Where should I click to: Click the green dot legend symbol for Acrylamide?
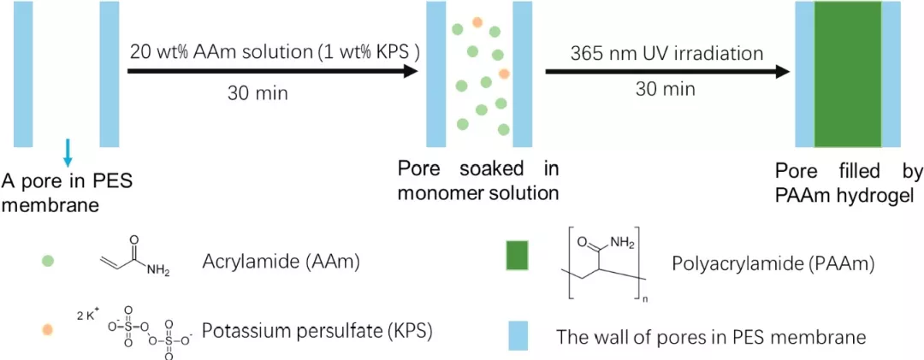tap(48, 261)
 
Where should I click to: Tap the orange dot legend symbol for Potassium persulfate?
tap(48, 328)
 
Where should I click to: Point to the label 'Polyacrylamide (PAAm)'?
tap(767, 265)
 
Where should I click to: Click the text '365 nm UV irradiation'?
tap(666, 53)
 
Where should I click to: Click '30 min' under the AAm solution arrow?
tap(258, 92)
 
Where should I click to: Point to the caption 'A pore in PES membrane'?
tap(68, 192)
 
